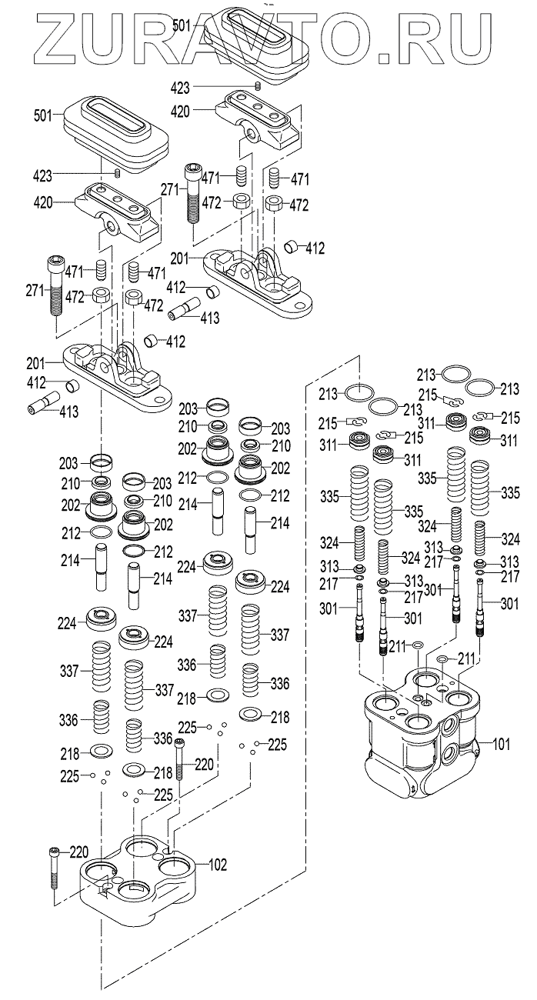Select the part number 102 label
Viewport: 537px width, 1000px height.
pos(218,865)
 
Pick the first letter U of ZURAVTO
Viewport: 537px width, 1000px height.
pos(99,38)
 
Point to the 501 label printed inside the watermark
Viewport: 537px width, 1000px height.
pos(183,25)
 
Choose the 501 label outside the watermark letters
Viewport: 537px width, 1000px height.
pos(43,115)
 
